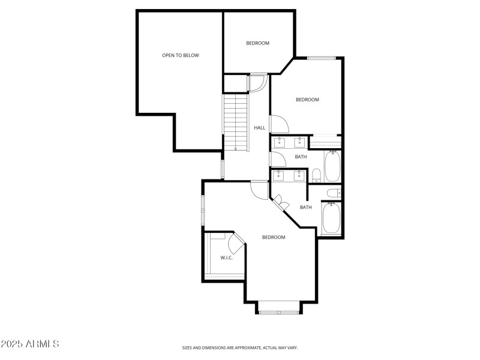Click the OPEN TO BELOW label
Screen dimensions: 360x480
180,55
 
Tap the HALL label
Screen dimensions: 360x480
259,128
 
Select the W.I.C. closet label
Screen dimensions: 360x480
226,257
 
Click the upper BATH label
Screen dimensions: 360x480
301,157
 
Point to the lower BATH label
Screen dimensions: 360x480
305,208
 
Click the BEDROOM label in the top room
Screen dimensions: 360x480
257,43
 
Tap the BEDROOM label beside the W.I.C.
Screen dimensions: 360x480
274,238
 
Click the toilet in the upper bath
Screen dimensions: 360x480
316,175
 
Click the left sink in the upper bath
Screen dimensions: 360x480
280,142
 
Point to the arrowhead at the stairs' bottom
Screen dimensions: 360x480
236,148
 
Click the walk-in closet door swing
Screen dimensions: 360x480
235,243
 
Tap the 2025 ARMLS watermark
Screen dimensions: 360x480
30,344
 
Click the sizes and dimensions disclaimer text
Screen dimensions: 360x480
240,347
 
